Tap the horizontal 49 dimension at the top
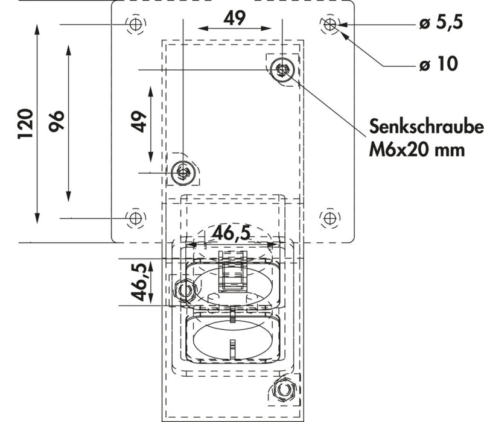pyautogui.click(x=234, y=18)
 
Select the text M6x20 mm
pyautogui.click(x=417, y=149)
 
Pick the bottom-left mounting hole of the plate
pyautogui.click(x=135, y=218)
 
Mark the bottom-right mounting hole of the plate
pyautogui.click(x=329, y=218)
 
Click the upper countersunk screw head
pyautogui.click(x=282, y=70)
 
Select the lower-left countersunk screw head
pyautogui.click(x=183, y=173)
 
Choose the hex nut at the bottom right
pyautogui.click(x=282, y=389)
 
